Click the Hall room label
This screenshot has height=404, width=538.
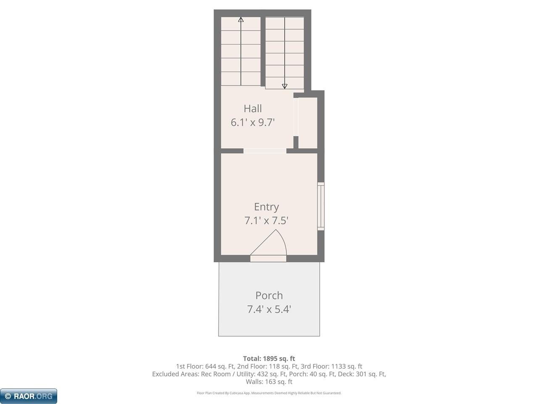[x=253, y=109]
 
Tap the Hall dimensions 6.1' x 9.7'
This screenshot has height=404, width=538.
[x=253, y=122]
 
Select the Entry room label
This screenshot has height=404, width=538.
[x=266, y=207]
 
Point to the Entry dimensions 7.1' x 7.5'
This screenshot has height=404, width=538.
[x=266, y=221]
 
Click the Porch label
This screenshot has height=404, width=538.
[x=269, y=295]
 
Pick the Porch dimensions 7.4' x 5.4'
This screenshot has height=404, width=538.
[x=269, y=309]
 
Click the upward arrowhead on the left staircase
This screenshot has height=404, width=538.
[x=241, y=20]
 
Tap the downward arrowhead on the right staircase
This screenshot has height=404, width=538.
[x=285, y=86]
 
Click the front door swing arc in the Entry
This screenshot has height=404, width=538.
[x=283, y=239]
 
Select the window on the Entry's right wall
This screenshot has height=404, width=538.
[x=321, y=206]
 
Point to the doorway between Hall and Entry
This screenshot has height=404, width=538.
[x=265, y=151]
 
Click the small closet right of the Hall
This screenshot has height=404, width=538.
[x=308, y=122]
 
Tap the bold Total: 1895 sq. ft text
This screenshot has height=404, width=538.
[x=269, y=359]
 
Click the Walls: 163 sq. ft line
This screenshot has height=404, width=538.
[x=269, y=382]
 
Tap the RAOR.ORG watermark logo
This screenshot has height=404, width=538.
[x=29, y=396]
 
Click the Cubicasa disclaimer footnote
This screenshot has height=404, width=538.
[x=269, y=393]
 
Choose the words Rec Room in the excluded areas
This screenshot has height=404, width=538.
[x=216, y=374]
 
